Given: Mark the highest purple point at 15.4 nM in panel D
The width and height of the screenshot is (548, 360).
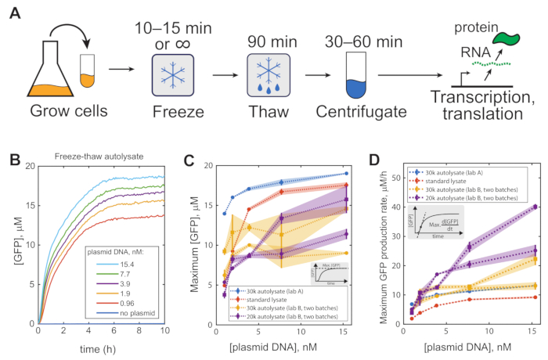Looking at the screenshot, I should (535, 207).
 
